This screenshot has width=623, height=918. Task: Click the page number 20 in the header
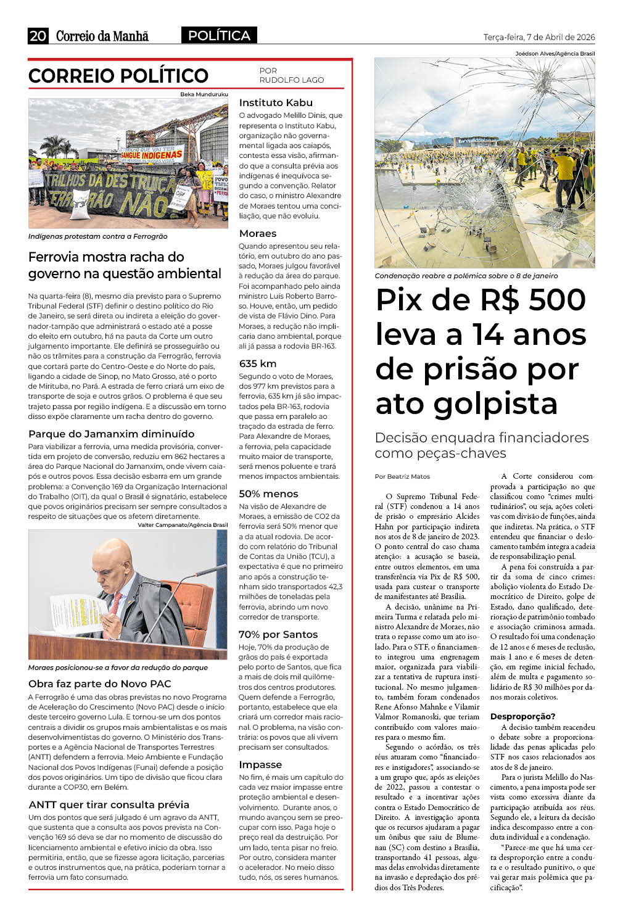tap(38, 36)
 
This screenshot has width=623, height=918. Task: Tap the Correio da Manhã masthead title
tap(102, 36)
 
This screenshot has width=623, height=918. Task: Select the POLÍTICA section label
tap(219, 36)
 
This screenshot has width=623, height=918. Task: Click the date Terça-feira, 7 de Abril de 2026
tap(538, 37)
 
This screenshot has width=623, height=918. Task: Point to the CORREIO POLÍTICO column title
tap(118, 76)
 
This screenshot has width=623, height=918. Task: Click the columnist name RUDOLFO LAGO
tap(291, 80)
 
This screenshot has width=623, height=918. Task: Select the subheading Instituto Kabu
tap(276, 103)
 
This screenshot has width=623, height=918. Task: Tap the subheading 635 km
tap(258, 364)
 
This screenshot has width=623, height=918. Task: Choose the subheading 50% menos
tap(268, 494)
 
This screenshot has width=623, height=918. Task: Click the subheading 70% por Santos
tap(278, 635)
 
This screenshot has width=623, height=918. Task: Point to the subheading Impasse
tap(260, 765)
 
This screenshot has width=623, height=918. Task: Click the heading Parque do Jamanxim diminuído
tap(111, 434)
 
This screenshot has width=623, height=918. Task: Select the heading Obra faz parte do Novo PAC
tap(99, 684)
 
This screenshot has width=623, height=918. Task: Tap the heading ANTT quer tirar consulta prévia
tap(109, 804)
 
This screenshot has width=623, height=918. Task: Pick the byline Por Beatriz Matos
tap(402, 476)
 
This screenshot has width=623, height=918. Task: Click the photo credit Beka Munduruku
tap(204, 94)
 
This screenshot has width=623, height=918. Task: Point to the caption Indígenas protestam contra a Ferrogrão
tap(97, 236)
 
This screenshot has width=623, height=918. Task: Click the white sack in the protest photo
tap(81, 204)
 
